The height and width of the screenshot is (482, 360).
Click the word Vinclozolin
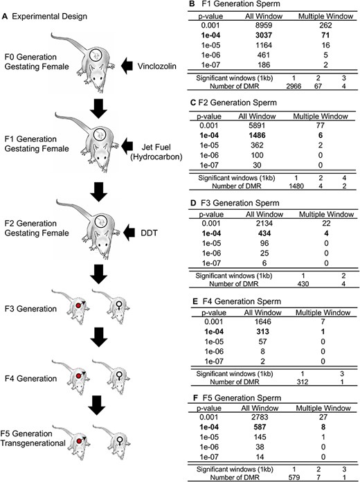point(156,66)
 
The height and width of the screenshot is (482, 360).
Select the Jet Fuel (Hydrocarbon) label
point(156,152)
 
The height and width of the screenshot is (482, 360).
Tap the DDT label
point(149,233)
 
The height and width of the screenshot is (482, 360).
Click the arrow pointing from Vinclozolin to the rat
point(127,66)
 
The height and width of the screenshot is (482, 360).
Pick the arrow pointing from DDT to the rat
point(129,233)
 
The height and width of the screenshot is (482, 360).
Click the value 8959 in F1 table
point(263,26)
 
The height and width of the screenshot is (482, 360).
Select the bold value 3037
point(263,35)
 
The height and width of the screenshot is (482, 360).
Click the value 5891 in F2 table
point(257,126)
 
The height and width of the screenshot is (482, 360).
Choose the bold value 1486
point(257,136)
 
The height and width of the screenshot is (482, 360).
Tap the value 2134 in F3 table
point(264,224)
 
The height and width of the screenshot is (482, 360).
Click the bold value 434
point(264,233)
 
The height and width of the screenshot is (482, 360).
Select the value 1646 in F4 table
point(262,322)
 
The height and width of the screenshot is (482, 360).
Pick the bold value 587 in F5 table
point(260,427)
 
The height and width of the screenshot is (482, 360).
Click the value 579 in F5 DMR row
point(294,478)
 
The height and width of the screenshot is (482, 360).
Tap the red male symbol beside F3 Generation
point(80,305)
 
